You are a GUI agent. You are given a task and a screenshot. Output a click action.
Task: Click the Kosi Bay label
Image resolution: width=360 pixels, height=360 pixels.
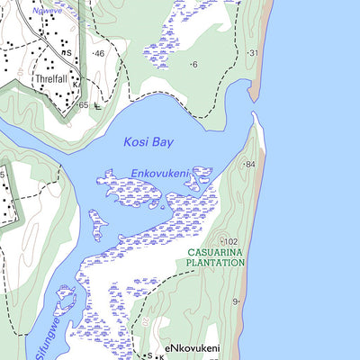[x=148, y=142]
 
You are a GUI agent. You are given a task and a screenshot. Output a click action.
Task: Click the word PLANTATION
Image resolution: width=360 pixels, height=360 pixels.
[x=215, y=264]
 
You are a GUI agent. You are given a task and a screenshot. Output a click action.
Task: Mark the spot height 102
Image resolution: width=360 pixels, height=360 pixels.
[x=230, y=241]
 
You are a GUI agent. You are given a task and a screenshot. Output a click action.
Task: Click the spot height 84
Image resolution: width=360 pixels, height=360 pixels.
[x=248, y=165]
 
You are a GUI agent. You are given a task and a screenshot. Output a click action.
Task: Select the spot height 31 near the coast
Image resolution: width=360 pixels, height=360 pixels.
[x=252, y=53]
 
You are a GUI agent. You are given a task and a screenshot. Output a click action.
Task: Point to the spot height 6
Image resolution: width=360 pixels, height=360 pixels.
[x=193, y=64]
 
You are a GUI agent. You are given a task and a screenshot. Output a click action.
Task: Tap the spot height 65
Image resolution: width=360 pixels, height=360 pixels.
[x=82, y=105]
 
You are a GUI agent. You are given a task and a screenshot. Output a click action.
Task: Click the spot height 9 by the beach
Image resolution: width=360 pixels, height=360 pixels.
[x=236, y=301]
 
